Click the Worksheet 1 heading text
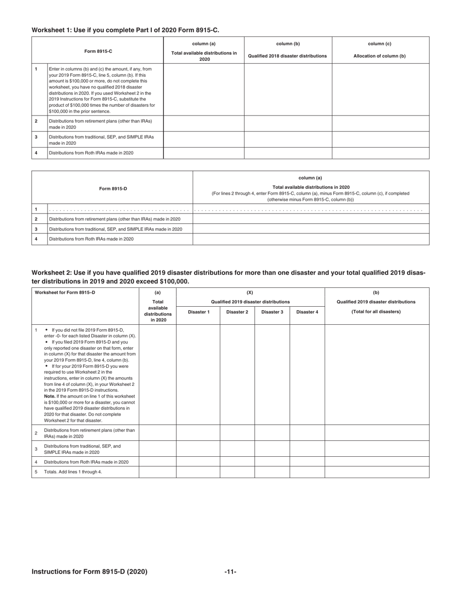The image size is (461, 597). (x=125, y=30)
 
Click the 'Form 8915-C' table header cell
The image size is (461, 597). (x=97, y=51)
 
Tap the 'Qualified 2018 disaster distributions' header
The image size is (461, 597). (x=287, y=56)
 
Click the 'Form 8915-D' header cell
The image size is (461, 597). (x=113, y=188)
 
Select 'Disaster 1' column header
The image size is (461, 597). (x=198, y=312)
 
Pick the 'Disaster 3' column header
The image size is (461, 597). (x=272, y=312)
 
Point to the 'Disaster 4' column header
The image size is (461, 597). (x=307, y=312)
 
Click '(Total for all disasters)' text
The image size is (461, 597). (x=376, y=312)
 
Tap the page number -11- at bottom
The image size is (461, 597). (x=230, y=572)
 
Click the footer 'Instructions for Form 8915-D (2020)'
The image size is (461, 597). (x=89, y=572)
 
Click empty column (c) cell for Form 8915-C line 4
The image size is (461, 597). (x=380, y=153)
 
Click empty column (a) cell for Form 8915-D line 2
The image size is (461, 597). (x=311, y=219)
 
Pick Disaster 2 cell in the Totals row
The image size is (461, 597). (x=237, y=472)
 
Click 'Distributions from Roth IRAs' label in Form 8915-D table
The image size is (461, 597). (x=91, y=239)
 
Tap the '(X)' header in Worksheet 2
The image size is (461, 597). (x=250, y=293)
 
